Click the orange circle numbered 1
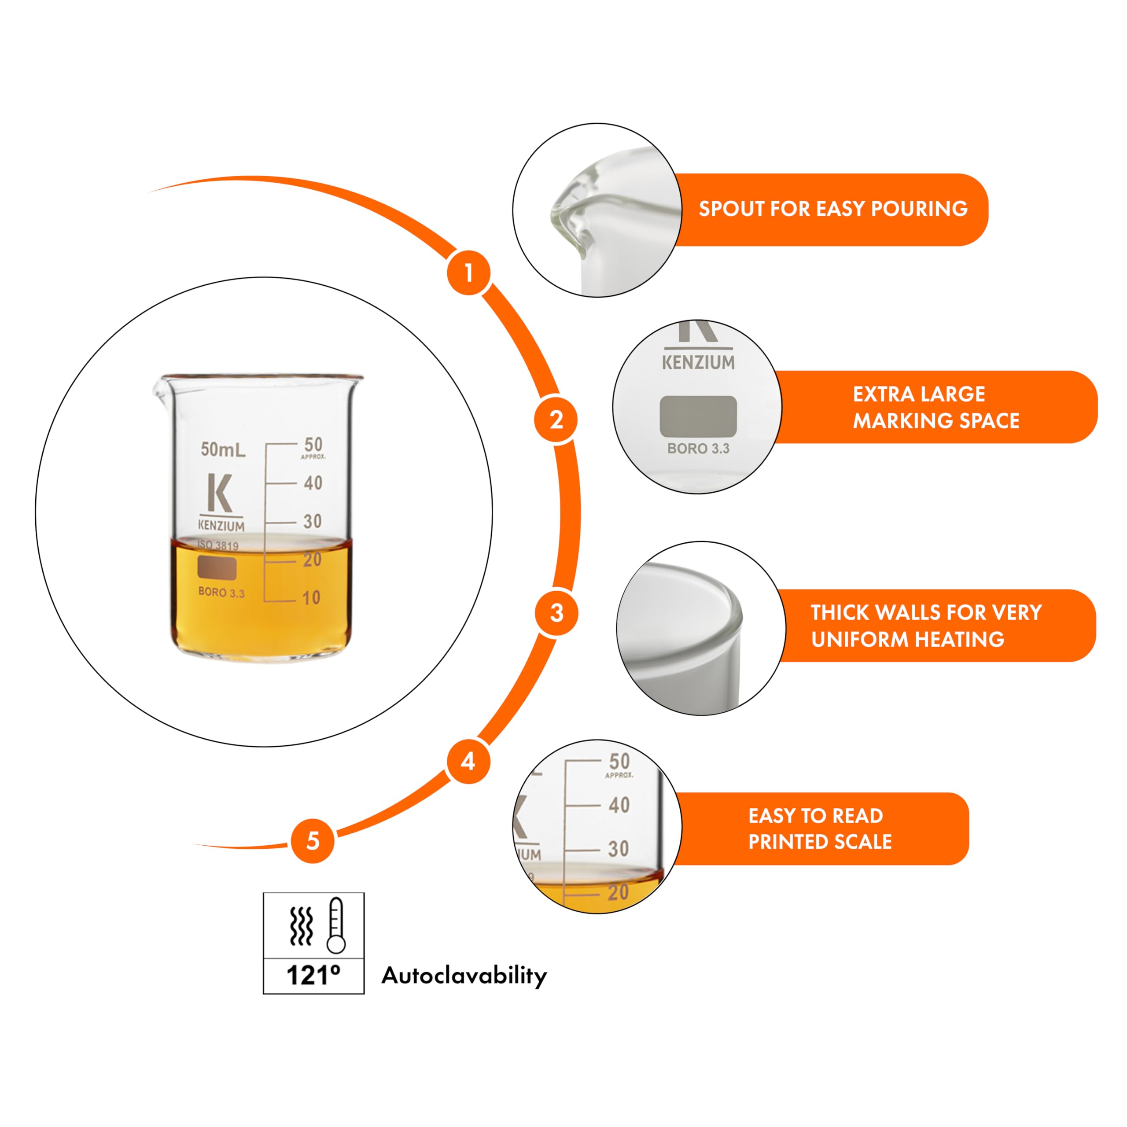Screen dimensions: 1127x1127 [468, 273]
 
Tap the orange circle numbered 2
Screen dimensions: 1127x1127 [556, 420]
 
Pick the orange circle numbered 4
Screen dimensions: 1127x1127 [468, 761]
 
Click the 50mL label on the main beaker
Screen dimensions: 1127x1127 [223, 449]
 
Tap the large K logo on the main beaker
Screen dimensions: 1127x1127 [220, 493]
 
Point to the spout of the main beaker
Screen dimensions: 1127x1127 [160, 388]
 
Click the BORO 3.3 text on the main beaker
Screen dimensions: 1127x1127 [222, 593]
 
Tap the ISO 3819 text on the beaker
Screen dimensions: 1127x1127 [217, 545]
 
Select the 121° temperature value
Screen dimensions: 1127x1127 [313, 975]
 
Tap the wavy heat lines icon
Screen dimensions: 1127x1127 [302, 926]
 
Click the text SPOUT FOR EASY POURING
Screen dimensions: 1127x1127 [833, 209]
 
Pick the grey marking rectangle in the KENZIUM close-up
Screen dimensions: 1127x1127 [698, 416]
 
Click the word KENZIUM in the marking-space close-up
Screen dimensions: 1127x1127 [698, 362]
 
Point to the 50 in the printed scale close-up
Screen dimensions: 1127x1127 [619, 761]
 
